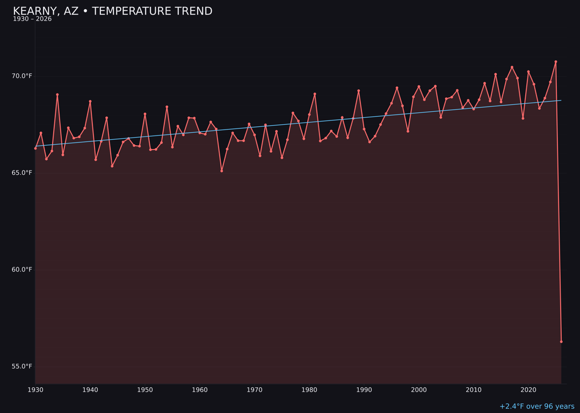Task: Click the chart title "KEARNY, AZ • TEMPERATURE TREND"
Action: pyautogui.click(x=113, y=11)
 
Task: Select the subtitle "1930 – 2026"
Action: pyautogui.click(x=32, y=19)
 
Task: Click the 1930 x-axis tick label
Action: pyautogui.click(x=35, y=389)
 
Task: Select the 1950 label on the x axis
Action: pyautogui.click(x=145, y=389)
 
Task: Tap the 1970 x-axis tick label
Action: pyautogui.click(x=255, y=389)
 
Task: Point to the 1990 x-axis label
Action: pyautogui.click(x=364, y=389)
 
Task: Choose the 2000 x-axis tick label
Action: pyautogui.click(x=419, y=389)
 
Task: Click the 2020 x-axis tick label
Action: pyautogui.click(x=528, y=389)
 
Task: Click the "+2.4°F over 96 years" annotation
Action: pyautogui.click(x=536, y=407)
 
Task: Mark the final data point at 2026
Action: pyautogui.click(x=561, y=341)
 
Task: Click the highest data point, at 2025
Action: pyautogui.click(x=556, y=62)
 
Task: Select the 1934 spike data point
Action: pyautogui.click(x=57, y=95)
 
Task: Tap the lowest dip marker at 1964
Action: pyautogui.click(x=222, y=170)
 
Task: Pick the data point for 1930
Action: pyautogui.click(x=35, y=148)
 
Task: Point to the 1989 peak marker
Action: pyautogui.click(x=359, y=91)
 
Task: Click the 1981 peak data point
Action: pyautogui.click(x=315, y=94)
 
